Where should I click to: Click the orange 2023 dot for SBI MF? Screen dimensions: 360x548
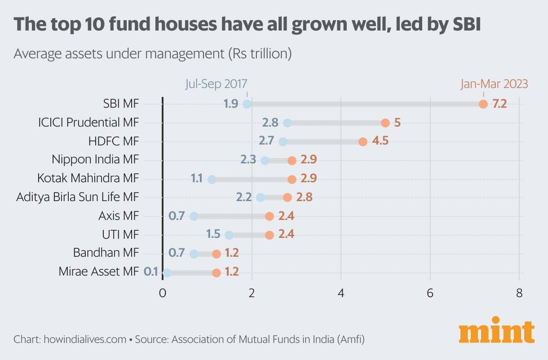483,104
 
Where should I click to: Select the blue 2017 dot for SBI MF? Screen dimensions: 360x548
247,104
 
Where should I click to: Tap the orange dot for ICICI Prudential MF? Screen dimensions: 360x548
385,123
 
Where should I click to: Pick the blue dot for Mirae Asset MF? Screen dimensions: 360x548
167,272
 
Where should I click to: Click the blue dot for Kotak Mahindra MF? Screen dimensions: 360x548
212,180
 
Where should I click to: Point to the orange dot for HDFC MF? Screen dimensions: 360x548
363,142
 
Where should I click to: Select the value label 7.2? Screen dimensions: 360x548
499,104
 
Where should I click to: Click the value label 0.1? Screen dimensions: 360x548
151,272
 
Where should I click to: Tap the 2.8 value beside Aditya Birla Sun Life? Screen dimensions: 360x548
304,197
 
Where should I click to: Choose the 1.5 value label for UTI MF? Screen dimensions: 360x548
213,235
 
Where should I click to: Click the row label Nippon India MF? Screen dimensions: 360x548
95,160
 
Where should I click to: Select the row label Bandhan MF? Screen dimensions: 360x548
106,253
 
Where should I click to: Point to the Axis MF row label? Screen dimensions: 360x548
119,216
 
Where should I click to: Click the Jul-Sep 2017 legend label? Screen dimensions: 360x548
216,84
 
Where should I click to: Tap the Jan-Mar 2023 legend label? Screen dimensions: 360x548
494,84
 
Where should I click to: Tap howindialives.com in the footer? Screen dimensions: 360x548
85,339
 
